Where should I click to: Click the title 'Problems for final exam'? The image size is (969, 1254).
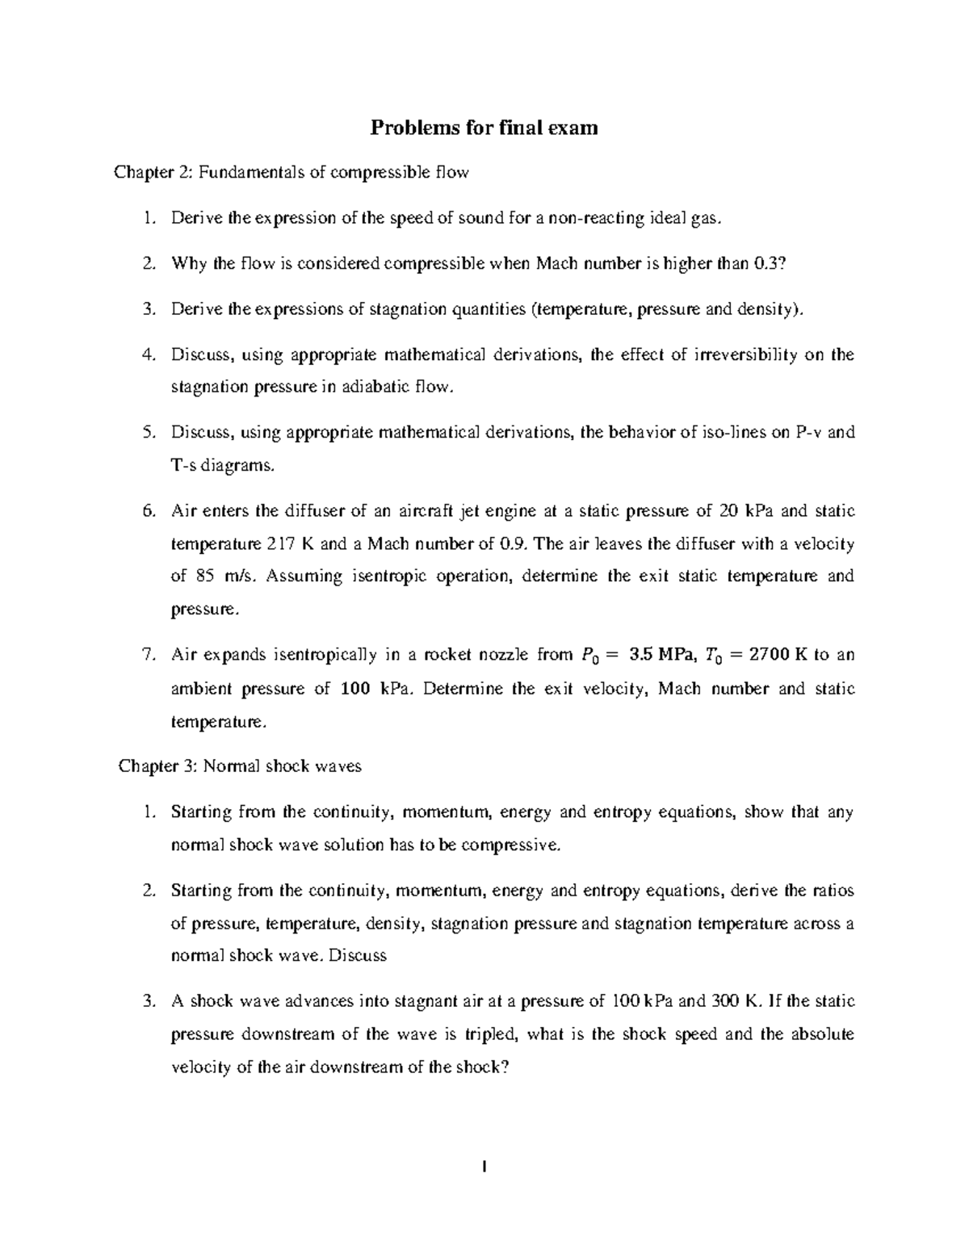click(484, 128)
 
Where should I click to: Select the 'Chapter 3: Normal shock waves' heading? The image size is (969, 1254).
click(240, 766)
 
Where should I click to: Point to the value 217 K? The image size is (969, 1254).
click(290, 544)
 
